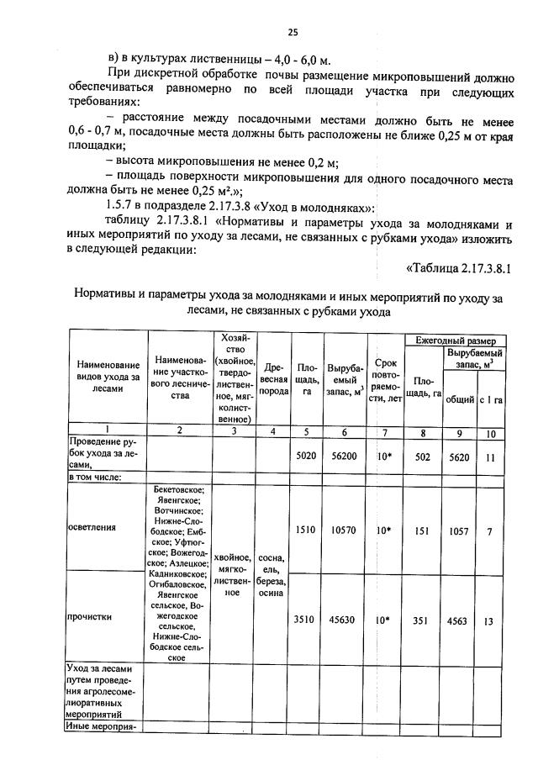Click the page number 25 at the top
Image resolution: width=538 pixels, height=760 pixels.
[x=293, y=32]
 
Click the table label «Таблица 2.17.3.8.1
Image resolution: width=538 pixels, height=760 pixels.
[x=459, y=268]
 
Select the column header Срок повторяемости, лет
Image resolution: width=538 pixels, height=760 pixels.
[x=385, y=379]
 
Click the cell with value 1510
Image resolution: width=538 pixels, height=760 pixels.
[x=304, y=530]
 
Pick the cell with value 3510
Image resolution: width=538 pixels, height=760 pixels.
[x=304, y=620]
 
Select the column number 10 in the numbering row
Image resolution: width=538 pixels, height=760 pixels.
[x=491, y=434]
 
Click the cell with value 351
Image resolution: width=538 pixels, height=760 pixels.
[x=423, y=620]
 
